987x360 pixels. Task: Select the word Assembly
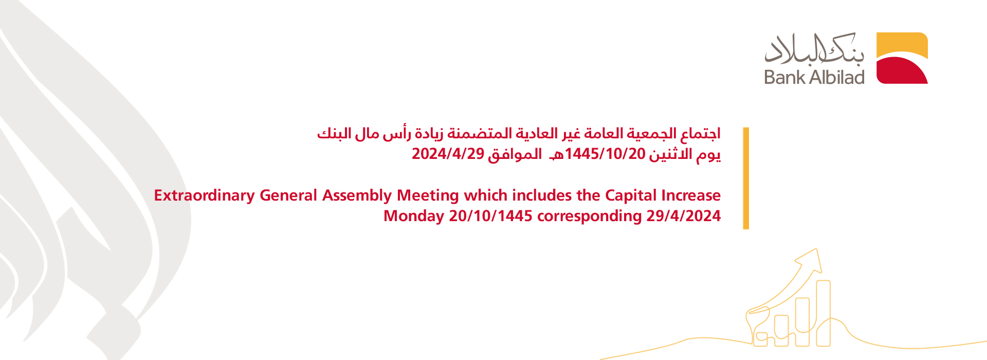(357, 196)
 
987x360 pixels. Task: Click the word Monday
(414, 217)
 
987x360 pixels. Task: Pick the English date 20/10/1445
(490, 216)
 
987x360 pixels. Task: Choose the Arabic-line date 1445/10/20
(605, 154)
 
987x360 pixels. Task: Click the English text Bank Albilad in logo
(814, 77)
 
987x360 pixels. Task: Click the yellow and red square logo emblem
(902, 58)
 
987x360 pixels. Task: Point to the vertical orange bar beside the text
(746, 178)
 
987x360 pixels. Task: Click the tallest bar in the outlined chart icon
(824, 313)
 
